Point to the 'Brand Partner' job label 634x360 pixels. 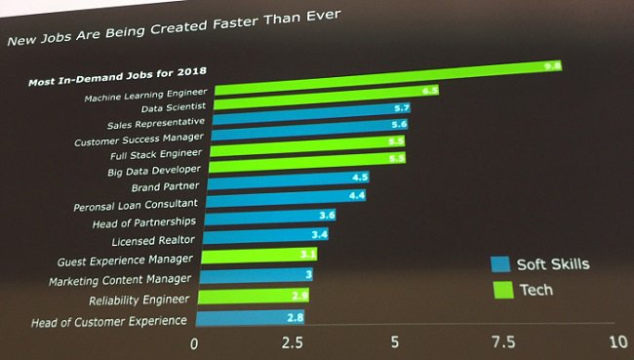(166, 186)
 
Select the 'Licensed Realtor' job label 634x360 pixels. (153, 240)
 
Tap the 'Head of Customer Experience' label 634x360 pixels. (109, 321)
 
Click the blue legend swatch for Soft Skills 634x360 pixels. (500, 264)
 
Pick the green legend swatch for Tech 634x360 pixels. (500, 290)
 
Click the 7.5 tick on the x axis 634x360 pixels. (503, 343)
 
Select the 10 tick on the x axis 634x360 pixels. (616, 343)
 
